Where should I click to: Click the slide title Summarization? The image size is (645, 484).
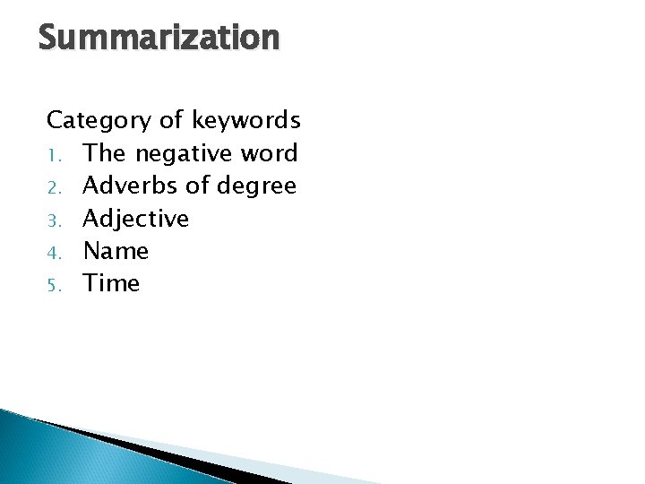coord(159,38)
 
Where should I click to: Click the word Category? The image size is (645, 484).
coord(100,120)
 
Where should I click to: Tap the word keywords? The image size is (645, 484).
coord(245,120)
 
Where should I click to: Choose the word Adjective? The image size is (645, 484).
coord(136,219)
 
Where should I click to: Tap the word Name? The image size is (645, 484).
coord(116,251)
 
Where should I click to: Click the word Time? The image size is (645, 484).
coord(112,283)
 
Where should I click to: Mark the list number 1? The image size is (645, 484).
coord(53,154)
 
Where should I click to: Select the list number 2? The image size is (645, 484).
coord(53,186)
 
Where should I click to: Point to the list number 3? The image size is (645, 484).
coord(53,219)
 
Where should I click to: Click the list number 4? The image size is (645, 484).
coord(53,252)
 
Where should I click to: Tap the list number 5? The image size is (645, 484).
coord(53,284)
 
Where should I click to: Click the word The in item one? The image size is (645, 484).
coord(106,153)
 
